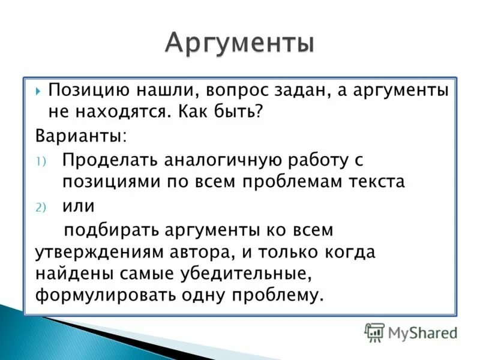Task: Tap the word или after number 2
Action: click(79, 206)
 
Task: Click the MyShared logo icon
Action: click(374, 331)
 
